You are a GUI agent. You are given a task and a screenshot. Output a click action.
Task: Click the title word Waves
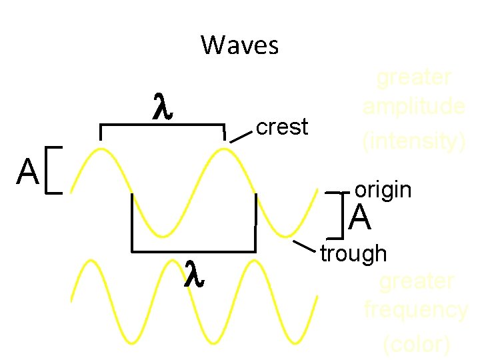(239, 46)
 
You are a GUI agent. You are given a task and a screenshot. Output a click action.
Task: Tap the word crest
(282, 127)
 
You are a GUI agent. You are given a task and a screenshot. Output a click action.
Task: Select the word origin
(383, 190)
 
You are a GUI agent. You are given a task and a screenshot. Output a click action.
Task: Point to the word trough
(353, 253)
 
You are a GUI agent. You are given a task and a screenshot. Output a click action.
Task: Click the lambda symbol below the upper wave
(193, 273)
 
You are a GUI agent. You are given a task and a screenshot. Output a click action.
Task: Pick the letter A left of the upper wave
(28, 173)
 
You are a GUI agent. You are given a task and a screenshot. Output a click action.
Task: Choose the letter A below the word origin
(360, 218)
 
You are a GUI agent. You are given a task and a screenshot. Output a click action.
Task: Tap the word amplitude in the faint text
(413, 107)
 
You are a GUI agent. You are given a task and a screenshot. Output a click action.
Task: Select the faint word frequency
(416, 310)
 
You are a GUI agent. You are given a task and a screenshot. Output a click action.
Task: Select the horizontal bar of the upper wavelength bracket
(162, 125)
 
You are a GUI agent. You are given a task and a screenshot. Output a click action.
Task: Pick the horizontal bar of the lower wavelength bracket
(193, 251)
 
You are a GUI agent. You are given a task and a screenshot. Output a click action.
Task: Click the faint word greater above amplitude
(413, 78)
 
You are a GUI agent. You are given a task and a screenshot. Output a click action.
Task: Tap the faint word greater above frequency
(416, 281)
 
